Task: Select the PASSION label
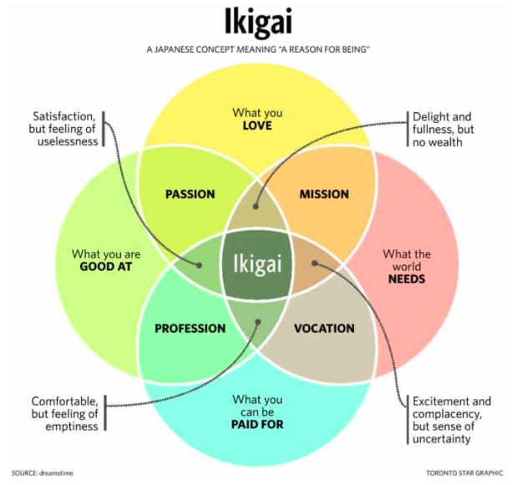click(x=190, y=194)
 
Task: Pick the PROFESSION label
click(x=190, y=329)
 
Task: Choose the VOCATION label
click(x=324, y=329)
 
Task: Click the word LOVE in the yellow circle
click(x=257, y=126)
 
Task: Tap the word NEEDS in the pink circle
click(x=407, y=279)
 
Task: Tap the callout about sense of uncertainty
click(x=451, y=421)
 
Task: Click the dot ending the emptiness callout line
click(x=257, y=321)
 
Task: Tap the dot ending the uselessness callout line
click(x=200, y=266)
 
